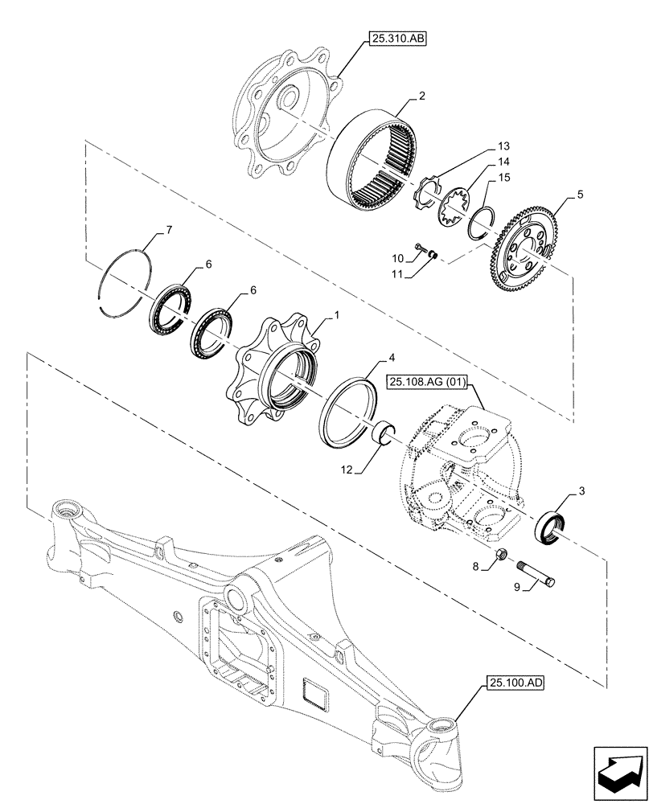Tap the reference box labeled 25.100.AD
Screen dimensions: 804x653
pos(515,684)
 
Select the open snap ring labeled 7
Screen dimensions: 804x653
pos(125,277)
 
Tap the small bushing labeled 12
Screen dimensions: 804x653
pos(384,433)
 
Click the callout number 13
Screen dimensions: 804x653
pos(503,146)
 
